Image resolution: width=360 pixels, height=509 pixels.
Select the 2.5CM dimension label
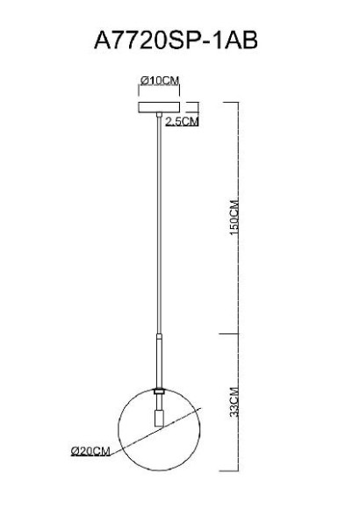(182, 121)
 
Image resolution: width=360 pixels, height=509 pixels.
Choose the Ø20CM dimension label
(90, 450)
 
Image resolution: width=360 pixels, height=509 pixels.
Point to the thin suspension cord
(159, 228)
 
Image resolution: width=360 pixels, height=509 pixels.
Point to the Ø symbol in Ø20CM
(74, 450)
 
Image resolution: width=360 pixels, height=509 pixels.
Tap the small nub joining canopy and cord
(159, 120)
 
